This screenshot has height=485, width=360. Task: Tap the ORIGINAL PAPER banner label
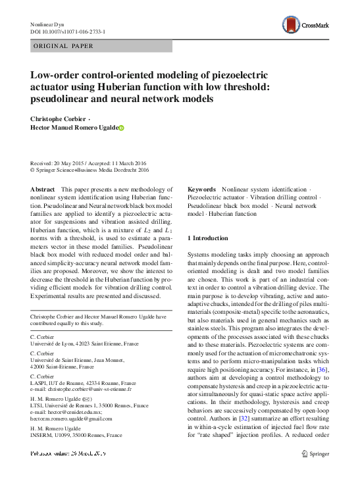coord(63,46)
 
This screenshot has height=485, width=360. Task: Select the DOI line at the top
coord(68,32)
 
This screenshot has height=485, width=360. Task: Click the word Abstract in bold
coord(43,189)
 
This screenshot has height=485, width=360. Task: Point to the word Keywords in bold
coord(202,189)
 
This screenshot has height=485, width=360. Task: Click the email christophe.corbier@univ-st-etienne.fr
coord(90,389)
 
